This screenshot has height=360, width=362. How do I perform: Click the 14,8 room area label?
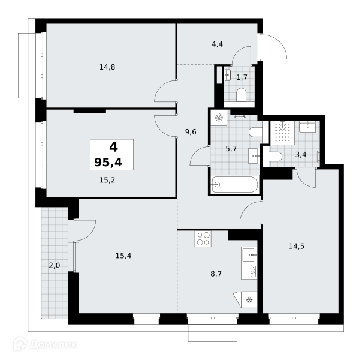(107, 67)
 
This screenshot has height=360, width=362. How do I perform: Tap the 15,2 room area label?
(107, 180)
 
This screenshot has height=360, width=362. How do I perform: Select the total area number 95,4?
(108, 163)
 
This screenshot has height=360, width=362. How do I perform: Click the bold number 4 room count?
(113, 147)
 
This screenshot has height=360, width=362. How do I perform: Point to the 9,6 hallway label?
(191, 132)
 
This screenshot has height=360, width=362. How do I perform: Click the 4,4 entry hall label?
(217, 44)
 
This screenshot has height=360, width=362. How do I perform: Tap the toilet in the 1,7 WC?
(242, 95)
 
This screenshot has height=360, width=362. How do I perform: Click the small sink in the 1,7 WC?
(227, 75)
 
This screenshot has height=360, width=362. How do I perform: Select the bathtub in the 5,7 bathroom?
(235, 184)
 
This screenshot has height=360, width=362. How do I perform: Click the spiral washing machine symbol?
(219, 118)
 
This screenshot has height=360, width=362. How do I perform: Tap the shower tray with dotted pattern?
(282, 132)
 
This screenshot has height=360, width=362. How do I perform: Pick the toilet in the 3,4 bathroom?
(275, 157)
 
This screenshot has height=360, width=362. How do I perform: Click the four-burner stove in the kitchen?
(203, 239)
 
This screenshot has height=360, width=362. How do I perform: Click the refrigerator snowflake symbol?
(249, 300)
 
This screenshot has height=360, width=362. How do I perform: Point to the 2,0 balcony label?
(55, 266)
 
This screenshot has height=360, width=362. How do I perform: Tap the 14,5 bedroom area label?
(297, 247)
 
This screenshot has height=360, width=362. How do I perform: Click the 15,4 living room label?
(123, 256)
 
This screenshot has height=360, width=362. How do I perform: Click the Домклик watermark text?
(53, 345)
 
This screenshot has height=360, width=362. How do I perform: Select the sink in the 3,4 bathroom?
(307, 127)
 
